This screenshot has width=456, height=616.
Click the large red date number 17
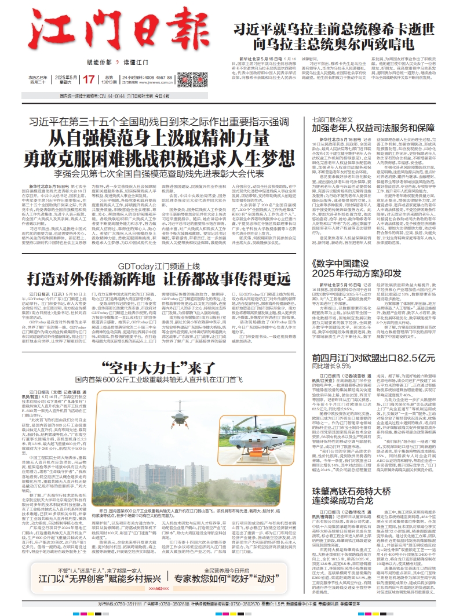(90, 79)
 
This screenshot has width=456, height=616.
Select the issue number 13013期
(108, 83)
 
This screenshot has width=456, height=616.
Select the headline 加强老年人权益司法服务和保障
(374, 127)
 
